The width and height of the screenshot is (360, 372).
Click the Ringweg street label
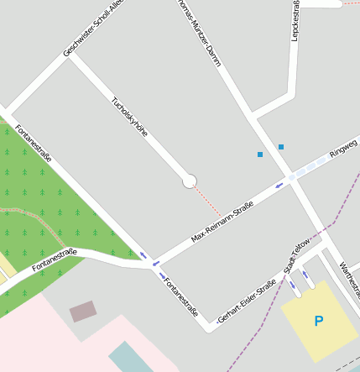[x=342, y=148]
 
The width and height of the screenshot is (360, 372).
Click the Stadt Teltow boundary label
[x=298, y=254]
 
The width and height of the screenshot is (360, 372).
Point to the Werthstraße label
[x=349, y=280]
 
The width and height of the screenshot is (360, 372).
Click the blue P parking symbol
[x=318, y=321]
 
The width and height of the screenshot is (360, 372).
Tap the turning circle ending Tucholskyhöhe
[x=190, y=181]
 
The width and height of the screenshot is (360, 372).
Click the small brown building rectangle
[x=83, y=312]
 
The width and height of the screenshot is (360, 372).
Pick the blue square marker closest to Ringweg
[x=281, y=147]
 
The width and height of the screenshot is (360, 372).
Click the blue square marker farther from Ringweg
[x=260, y=155]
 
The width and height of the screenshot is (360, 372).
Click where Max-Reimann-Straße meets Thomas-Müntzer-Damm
[x=290, y=177]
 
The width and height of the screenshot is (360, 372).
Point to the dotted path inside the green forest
[x=34, y=210]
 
